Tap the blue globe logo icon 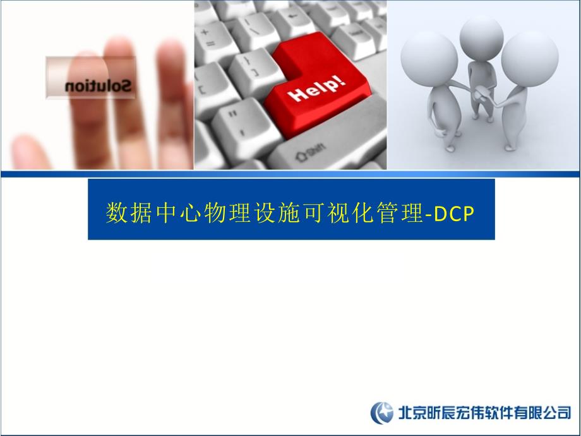[381, 413]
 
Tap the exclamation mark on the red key [342, 81]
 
